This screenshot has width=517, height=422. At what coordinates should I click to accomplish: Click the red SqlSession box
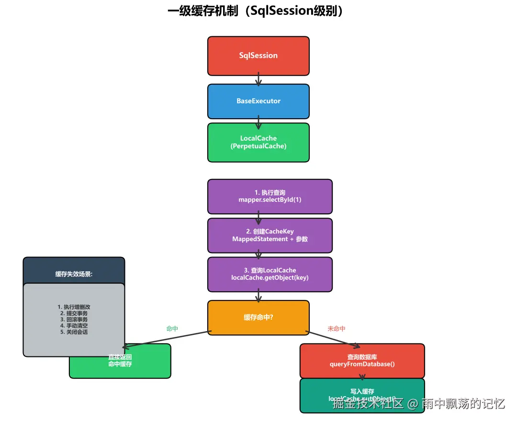[258, 56]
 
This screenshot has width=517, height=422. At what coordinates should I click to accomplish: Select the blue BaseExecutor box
[258, 101]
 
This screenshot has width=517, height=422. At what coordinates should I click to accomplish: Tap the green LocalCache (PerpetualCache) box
[258, 142]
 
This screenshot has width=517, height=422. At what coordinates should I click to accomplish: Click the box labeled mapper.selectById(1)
[270, 196]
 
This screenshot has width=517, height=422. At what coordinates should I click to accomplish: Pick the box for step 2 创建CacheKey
[270, 235]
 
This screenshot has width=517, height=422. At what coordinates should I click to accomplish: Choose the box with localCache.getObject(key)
[270, 274]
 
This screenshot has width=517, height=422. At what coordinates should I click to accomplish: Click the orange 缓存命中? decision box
[258, 317]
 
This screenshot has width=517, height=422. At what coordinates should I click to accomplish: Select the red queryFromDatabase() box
[362, 361]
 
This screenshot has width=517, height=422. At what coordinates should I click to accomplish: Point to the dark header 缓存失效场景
[74, 274]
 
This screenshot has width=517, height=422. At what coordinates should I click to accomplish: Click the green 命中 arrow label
[172, 329]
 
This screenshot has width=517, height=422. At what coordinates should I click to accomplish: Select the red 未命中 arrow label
[336, 329]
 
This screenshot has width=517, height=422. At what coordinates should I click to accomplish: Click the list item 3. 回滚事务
[74, 319]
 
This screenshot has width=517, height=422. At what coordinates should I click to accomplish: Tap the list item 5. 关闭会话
[74, 332]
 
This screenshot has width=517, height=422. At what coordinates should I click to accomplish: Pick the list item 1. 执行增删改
[74, 307]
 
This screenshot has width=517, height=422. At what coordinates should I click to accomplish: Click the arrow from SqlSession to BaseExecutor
[258, 79]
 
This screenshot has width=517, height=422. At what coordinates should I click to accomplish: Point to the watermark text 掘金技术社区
[368, 403]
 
